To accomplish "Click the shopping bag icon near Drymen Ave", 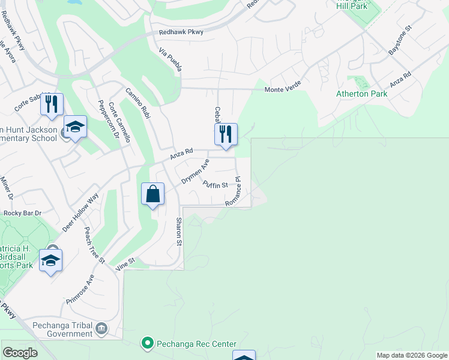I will (x=153, y=194).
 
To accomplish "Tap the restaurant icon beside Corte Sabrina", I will (x=52, y=104).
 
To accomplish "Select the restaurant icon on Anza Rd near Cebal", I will (x=226, y=134).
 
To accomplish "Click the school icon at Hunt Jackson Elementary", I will (x=76, y=127).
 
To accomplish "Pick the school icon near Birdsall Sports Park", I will (x=51, y=261).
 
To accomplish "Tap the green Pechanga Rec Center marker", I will (x=147, y=343).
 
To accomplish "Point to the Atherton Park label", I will (x=361, y=94).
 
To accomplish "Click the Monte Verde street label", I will (x=283, y=89).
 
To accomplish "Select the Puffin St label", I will (x=215, y=185).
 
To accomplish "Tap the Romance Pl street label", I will (x=234, y=192).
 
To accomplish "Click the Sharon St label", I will (x=179, y=232).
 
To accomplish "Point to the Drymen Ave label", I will (x=195, y=172).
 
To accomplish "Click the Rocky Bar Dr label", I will (x=22, y=213).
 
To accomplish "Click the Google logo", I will (x=20, y=353).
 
